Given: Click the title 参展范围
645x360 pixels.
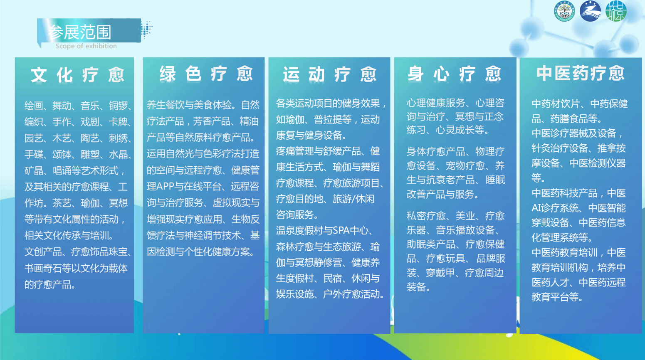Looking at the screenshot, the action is [80, 32].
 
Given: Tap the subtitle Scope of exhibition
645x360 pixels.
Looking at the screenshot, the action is [86, 46].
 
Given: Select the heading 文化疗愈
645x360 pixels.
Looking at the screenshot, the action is [77, 75].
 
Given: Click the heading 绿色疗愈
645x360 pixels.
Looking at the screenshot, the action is [206, 74].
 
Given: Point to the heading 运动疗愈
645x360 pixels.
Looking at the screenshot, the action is [329, 74].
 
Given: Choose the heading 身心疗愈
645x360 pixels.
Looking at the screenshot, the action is [455, 74].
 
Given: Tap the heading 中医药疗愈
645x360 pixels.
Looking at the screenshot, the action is [581, 73].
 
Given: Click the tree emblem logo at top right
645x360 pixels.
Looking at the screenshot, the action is [564, 11].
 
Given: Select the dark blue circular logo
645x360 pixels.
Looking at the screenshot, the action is [590, 11].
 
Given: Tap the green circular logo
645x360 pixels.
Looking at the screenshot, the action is [616, 11].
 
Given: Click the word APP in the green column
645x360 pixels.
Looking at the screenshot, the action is [165, 187].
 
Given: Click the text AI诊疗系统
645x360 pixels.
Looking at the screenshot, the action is [555, 208].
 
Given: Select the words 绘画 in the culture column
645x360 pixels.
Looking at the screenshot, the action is [34, 105].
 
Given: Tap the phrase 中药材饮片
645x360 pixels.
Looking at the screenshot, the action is [556, 104].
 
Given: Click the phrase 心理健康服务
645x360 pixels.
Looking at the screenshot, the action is [436, 103].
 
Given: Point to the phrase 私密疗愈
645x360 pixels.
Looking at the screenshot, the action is [426, 215].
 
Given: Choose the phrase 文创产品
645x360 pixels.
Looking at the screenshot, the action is [43, 252].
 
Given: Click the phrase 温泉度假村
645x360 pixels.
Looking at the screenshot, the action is [299, 230].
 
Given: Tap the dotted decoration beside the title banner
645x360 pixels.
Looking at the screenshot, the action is [146, 29].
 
